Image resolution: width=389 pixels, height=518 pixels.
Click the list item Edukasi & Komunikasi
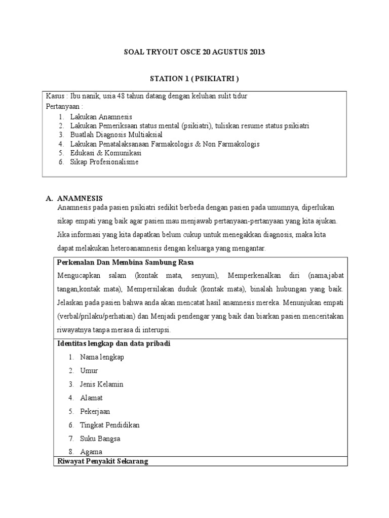coord(105,153)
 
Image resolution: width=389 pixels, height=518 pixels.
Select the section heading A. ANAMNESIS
coord(81,198)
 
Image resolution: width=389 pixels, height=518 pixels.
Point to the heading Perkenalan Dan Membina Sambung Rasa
coord(126,263)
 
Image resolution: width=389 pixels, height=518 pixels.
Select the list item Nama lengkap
coord(102,357)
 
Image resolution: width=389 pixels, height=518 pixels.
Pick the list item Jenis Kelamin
coord(101,384)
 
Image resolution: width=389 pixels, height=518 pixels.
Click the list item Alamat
coord(91,398)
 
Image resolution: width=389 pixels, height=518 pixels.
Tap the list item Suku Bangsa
coord(100,438)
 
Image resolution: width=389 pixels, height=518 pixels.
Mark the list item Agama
coord(91,452)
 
